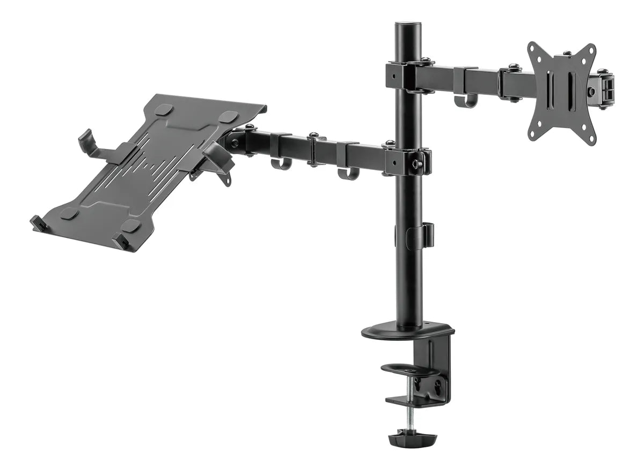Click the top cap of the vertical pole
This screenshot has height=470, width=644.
tap(408, 26)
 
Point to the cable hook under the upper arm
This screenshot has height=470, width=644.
tap(465, 100)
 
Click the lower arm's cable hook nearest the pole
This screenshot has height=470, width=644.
tap(348, 173)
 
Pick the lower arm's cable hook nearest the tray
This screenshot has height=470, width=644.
tap(281, 162)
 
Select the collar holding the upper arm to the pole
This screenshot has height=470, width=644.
tap(408, 76)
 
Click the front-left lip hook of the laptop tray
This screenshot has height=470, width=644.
tap(39, 223)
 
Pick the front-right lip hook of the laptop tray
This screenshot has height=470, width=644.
tap(121, 242)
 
